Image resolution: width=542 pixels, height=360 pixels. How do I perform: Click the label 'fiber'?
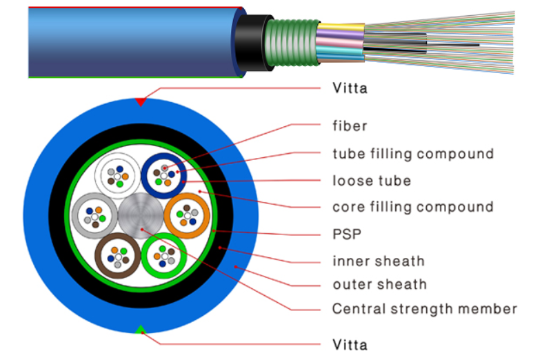pos(350,126)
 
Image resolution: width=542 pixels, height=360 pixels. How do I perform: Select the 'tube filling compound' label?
pos(412,153)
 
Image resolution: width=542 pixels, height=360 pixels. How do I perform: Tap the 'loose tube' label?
pos(371,181)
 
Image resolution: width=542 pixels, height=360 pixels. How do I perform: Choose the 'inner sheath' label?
pos(378,261)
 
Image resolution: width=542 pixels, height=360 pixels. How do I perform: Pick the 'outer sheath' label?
pos(379,284)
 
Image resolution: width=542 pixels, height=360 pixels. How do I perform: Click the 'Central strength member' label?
pos(424,308)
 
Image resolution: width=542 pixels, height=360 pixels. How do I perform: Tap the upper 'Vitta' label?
pos(350,88)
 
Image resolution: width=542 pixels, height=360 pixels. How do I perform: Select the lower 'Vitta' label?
pos(350,344)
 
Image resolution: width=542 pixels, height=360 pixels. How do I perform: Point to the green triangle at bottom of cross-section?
pos(141,329)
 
